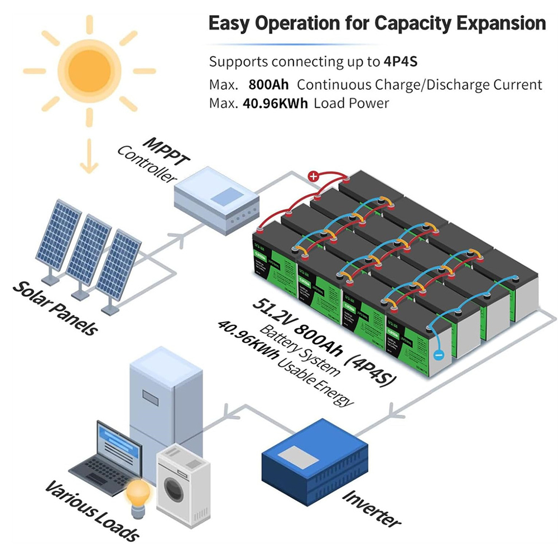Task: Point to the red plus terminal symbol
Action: click(x=314, y=177)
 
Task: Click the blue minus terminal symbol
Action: click(x=439, y=354)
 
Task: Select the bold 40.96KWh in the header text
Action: click(x=275, y=103)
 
